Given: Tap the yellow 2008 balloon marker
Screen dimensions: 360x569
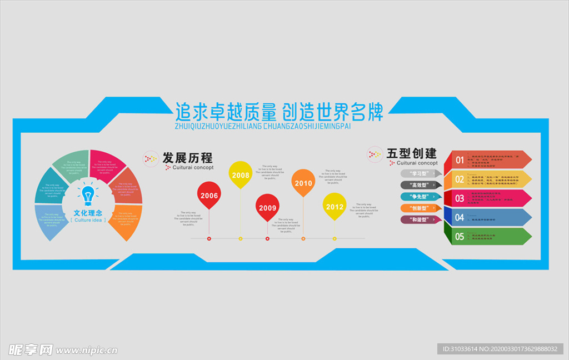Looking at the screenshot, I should (241, 174).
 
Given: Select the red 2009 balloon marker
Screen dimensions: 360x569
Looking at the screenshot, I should (267, 207).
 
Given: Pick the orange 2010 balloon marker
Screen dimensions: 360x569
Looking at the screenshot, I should (303, 182).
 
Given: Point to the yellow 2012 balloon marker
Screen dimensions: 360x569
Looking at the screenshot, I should (335, 206).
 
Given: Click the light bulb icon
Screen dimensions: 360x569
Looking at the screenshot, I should (87, 194).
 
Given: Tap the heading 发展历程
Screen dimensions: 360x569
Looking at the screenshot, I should (187, 157).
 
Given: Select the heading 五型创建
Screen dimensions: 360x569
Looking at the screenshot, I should (412, 153).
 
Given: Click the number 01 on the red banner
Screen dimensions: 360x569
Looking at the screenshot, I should (460, 160).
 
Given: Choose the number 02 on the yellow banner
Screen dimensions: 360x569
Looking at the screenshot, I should (460, 179).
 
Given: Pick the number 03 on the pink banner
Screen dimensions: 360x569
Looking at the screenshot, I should (460, 198).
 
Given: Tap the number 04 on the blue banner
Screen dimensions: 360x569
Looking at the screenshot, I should (460, 217).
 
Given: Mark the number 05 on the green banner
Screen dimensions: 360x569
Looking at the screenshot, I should (460, 237).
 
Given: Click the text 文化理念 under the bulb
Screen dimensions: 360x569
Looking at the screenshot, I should (87, 212).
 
